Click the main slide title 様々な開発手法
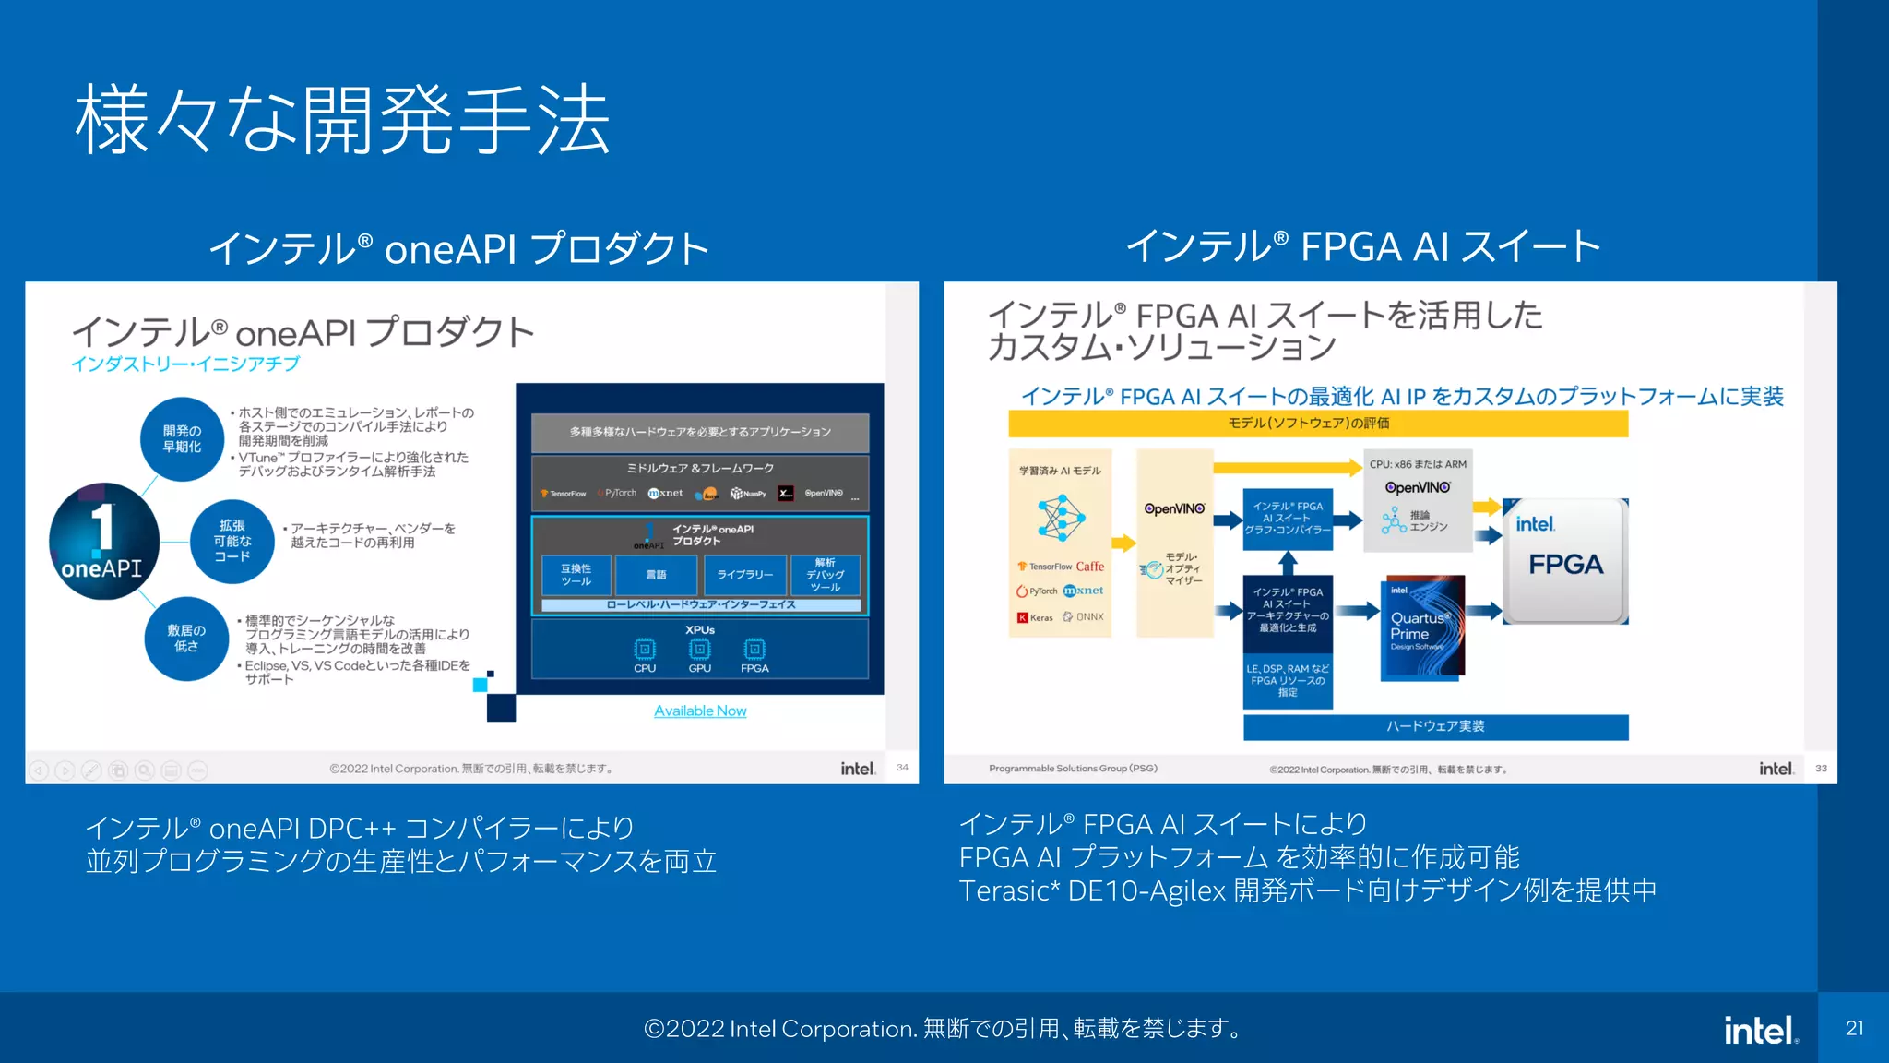point(342,120)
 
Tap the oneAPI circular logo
point(103,542)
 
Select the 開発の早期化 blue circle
point(182,439)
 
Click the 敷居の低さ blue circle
point(186,639)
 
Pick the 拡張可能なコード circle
point(232,542)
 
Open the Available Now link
point(700,711)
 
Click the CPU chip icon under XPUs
point(645,649)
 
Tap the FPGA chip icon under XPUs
point(754,649)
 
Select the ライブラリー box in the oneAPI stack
point(745,574)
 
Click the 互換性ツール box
point(576,574)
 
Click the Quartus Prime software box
point(1422,627)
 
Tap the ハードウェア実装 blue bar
point(1435,726)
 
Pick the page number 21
point(1854,1028)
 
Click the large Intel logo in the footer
point(1760,1030)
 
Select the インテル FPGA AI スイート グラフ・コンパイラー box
point(1288,519)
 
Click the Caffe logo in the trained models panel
point(1089,567)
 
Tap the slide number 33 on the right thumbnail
point(1821,768)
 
